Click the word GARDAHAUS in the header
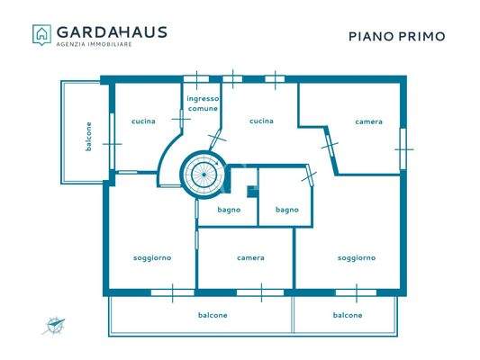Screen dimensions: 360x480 pyautogui.click(x=112, y=31)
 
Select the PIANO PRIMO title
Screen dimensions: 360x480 pyautogui.click(x=396, y=37)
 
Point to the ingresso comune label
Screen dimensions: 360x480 pyautogui.click(x=203, y=103)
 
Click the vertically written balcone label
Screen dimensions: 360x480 pyautogui.click(x=89, y=135)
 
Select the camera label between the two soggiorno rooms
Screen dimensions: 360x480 pyautogui.click(x=250, y=258)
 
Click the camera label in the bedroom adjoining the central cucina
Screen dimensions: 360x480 pyautogui.click(x=368, y=121)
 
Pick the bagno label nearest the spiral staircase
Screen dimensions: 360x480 pyautogui.click(x=230, y=210)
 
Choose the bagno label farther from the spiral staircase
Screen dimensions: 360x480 pyautogui.click(x=287, y=210)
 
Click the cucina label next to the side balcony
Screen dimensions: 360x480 pyautogui.click(x=143, y=121)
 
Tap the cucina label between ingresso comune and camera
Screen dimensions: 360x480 pyautogui.click(x=261, y=121)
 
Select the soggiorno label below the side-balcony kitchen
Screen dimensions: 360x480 pyautogui.click(x=151, y=258)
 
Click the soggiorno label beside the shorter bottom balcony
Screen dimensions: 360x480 pyautogui.click(x=357, y=258)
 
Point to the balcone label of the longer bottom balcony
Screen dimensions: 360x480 pyautogui.click(x=213, y=315)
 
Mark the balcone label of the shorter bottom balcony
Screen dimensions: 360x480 pyautogui.click(x=348, y=315)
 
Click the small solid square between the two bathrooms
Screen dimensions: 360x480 pyautogui.click(x=253, y=191)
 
